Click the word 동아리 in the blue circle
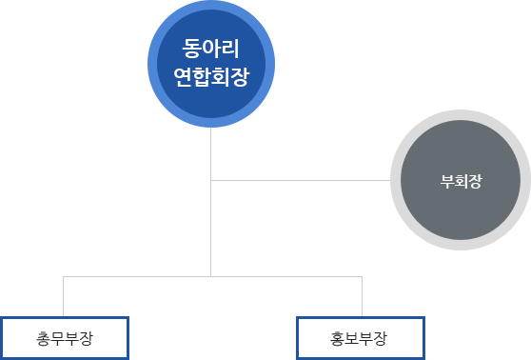(x=210, y=47)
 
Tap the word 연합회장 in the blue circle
(x=210, y=76)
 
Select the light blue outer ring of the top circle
(x=210, y=9)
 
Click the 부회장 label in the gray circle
(x=462, y=181)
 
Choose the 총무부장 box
(x=64, y=337)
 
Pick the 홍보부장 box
(x=362, y=337)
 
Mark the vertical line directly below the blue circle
(x=210, y=152)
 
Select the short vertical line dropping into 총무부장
(x=64, y=296)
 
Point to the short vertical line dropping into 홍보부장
(x=362, y=296)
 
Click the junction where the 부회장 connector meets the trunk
(x=210, y=179)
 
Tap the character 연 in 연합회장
(x=182, y=76)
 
